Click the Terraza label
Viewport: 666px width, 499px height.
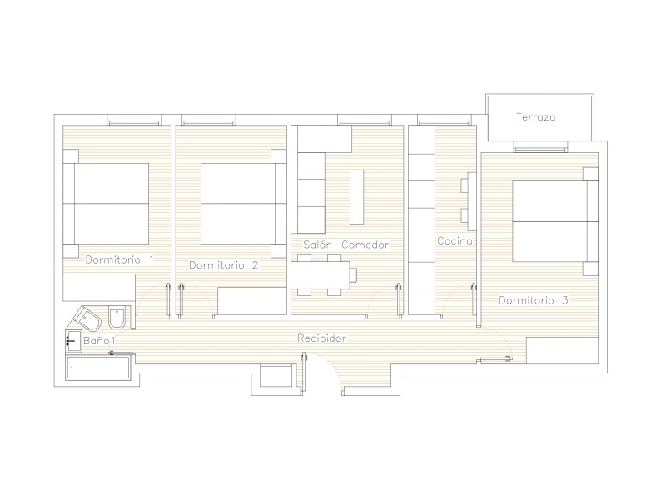click(535, 117)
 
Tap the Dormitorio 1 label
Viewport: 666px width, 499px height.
click(119, 259)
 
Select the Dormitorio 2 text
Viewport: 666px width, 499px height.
click(223, 265)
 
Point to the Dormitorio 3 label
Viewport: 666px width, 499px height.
click(533, 300)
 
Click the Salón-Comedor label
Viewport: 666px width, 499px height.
click(346, 245)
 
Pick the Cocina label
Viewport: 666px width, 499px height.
click(455, 241)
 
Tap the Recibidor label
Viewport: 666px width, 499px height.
click(321, 338)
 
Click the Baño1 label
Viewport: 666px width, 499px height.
click(99, 341)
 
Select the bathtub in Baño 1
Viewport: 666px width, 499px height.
click(98, 368)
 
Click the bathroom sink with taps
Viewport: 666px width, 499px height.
click(73, 341)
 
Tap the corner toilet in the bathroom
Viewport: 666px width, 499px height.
click(87, 318)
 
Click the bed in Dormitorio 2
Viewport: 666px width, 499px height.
click(243, 204)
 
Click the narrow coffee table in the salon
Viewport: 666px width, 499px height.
click(357, 197)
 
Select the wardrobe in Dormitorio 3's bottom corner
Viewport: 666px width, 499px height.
click(563, 350)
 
